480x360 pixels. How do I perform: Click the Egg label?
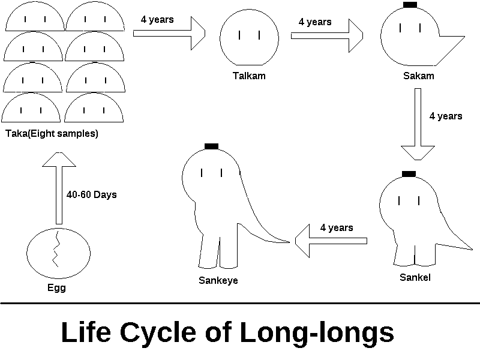[x=56, y=287]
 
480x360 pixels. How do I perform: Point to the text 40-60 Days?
[x=91, y=195]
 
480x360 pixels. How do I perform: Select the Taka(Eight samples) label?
[x=51, y=134]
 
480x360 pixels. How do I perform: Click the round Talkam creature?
[x=249, y=37]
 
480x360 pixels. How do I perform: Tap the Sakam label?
[x=419, y=76]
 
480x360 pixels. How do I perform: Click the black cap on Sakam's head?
[x=410, y=5]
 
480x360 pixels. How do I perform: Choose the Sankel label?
[x=415, y=277]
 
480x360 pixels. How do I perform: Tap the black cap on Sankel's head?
[x=409, y=174]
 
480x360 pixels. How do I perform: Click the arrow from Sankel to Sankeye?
[x=331, y=241]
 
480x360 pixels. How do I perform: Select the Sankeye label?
[x=218, y=280]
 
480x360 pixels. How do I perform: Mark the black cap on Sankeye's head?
[x=211, y=146]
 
